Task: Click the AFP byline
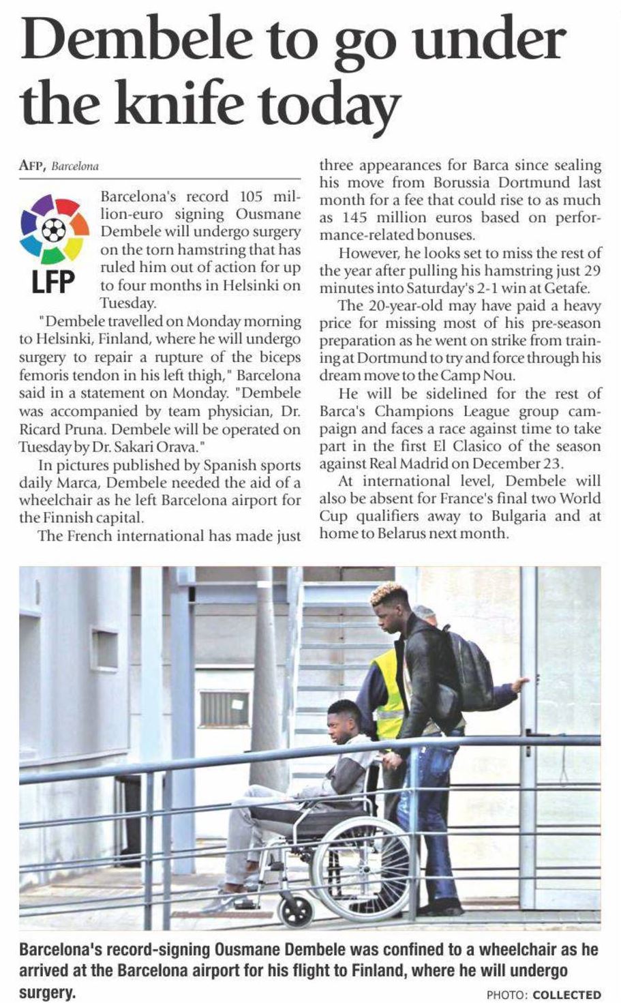click(32, 165)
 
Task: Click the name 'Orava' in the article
click(179, 447)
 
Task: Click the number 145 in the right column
click(351, 218)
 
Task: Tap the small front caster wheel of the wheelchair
click(294, 908)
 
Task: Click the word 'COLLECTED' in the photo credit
click(566, 995)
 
